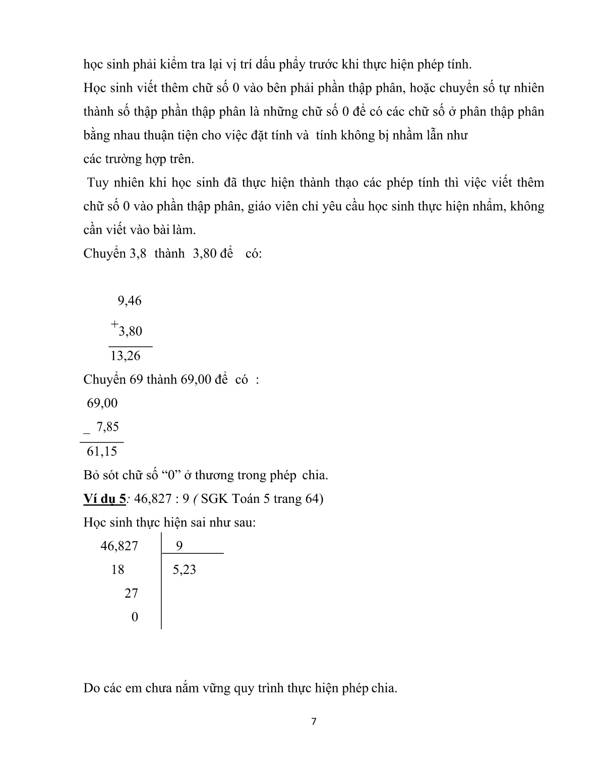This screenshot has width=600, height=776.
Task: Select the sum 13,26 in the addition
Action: pyautogui.click(x=125, y=356)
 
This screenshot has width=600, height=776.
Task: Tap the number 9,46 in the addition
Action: pyautogui.click(x=130, y=301)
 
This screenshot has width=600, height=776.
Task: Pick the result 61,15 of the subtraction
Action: pyautogui.click(x=102, y=451)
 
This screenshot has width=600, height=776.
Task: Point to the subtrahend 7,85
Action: pyautogui.click(x=107, y=427)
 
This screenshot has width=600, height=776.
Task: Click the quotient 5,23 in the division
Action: pyautogui.click(x=184, y=570)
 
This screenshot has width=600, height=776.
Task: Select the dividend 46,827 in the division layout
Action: pyautogui.click(x=119, y=546)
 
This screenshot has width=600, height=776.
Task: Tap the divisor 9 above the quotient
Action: pyautogui.click(x=179, y=546)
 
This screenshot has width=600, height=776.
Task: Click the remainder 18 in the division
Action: pyautogui.click(x=117, y=570)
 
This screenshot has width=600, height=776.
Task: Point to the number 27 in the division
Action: pyautogui.click(x=131, y=594)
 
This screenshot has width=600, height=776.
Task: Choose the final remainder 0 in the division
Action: pyautogui.click(x=135, y=617)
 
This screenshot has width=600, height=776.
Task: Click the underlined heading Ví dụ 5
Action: pyautogui.click(x=104, y=499)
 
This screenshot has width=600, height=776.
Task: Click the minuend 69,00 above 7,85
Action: pyautogui.click(x=102, y=403)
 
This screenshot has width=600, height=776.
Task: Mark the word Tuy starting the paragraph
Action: pyautogui.click(x=97, y=182)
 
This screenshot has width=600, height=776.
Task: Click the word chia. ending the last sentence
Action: pyautogui.click(x=384, y=688)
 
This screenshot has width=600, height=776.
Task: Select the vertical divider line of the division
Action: pyautogui.click(x=161, y=579)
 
